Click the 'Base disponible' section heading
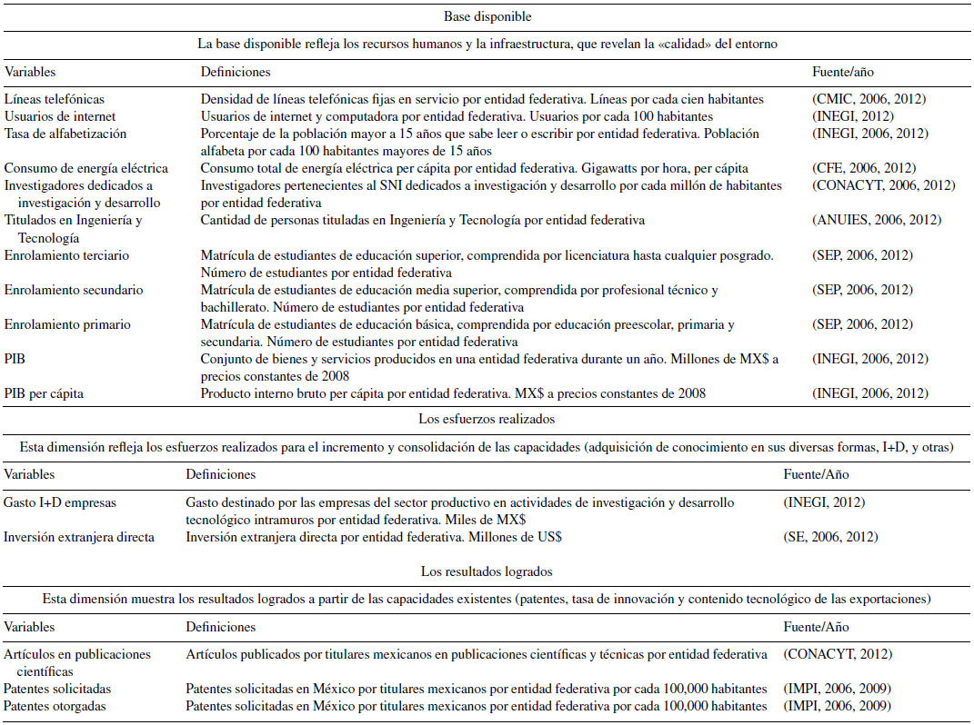487,16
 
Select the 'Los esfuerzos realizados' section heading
487,419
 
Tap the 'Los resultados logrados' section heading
487,571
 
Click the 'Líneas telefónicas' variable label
54,99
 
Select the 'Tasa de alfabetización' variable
65,134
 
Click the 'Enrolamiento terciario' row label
66,255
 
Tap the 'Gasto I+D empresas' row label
60,502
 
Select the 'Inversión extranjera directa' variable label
79,537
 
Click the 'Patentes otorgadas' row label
55,706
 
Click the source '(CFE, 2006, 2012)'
863,168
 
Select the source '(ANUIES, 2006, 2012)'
876,220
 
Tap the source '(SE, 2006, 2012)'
830,537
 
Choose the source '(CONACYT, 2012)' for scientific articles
838,654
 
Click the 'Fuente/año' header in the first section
842,71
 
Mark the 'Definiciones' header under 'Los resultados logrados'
221,627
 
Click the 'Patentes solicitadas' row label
57,689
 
